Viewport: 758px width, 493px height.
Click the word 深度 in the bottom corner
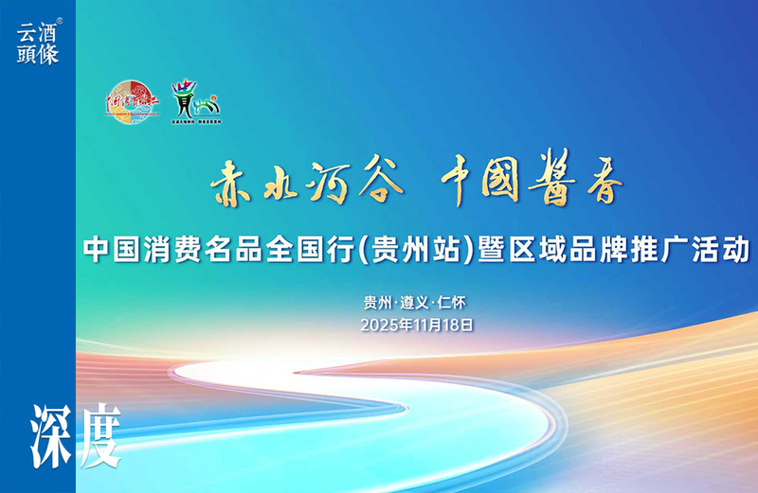pos(77,437)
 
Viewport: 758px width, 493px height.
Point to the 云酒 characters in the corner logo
pos(37,32)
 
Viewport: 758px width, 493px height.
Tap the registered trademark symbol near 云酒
pos(61,20)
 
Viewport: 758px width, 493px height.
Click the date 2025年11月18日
pos(416,324)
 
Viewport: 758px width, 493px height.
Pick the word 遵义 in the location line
pos(416,303)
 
